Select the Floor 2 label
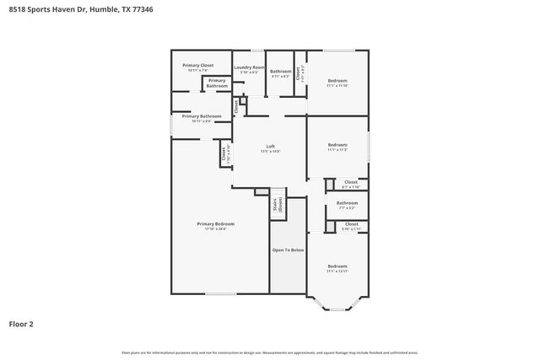click(20, 323)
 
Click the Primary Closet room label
click(198, 65)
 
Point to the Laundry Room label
click(250, 67)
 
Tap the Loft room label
click(271, 146)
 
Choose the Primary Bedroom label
click(215, 223)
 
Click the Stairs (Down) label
click(276, 205)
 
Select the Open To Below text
click(288, 250)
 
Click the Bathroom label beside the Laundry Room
click(281, 71)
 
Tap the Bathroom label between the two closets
click(347, 202)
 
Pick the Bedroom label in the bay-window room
click(337, 266)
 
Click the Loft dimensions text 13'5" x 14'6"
click(271, 152)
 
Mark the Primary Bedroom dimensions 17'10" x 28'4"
click(215, 228)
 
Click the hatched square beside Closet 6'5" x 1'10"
click(328, 183)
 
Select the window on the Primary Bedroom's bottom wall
click(219, 294)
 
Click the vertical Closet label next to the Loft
click(224, 154)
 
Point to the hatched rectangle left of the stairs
click(262, 192)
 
